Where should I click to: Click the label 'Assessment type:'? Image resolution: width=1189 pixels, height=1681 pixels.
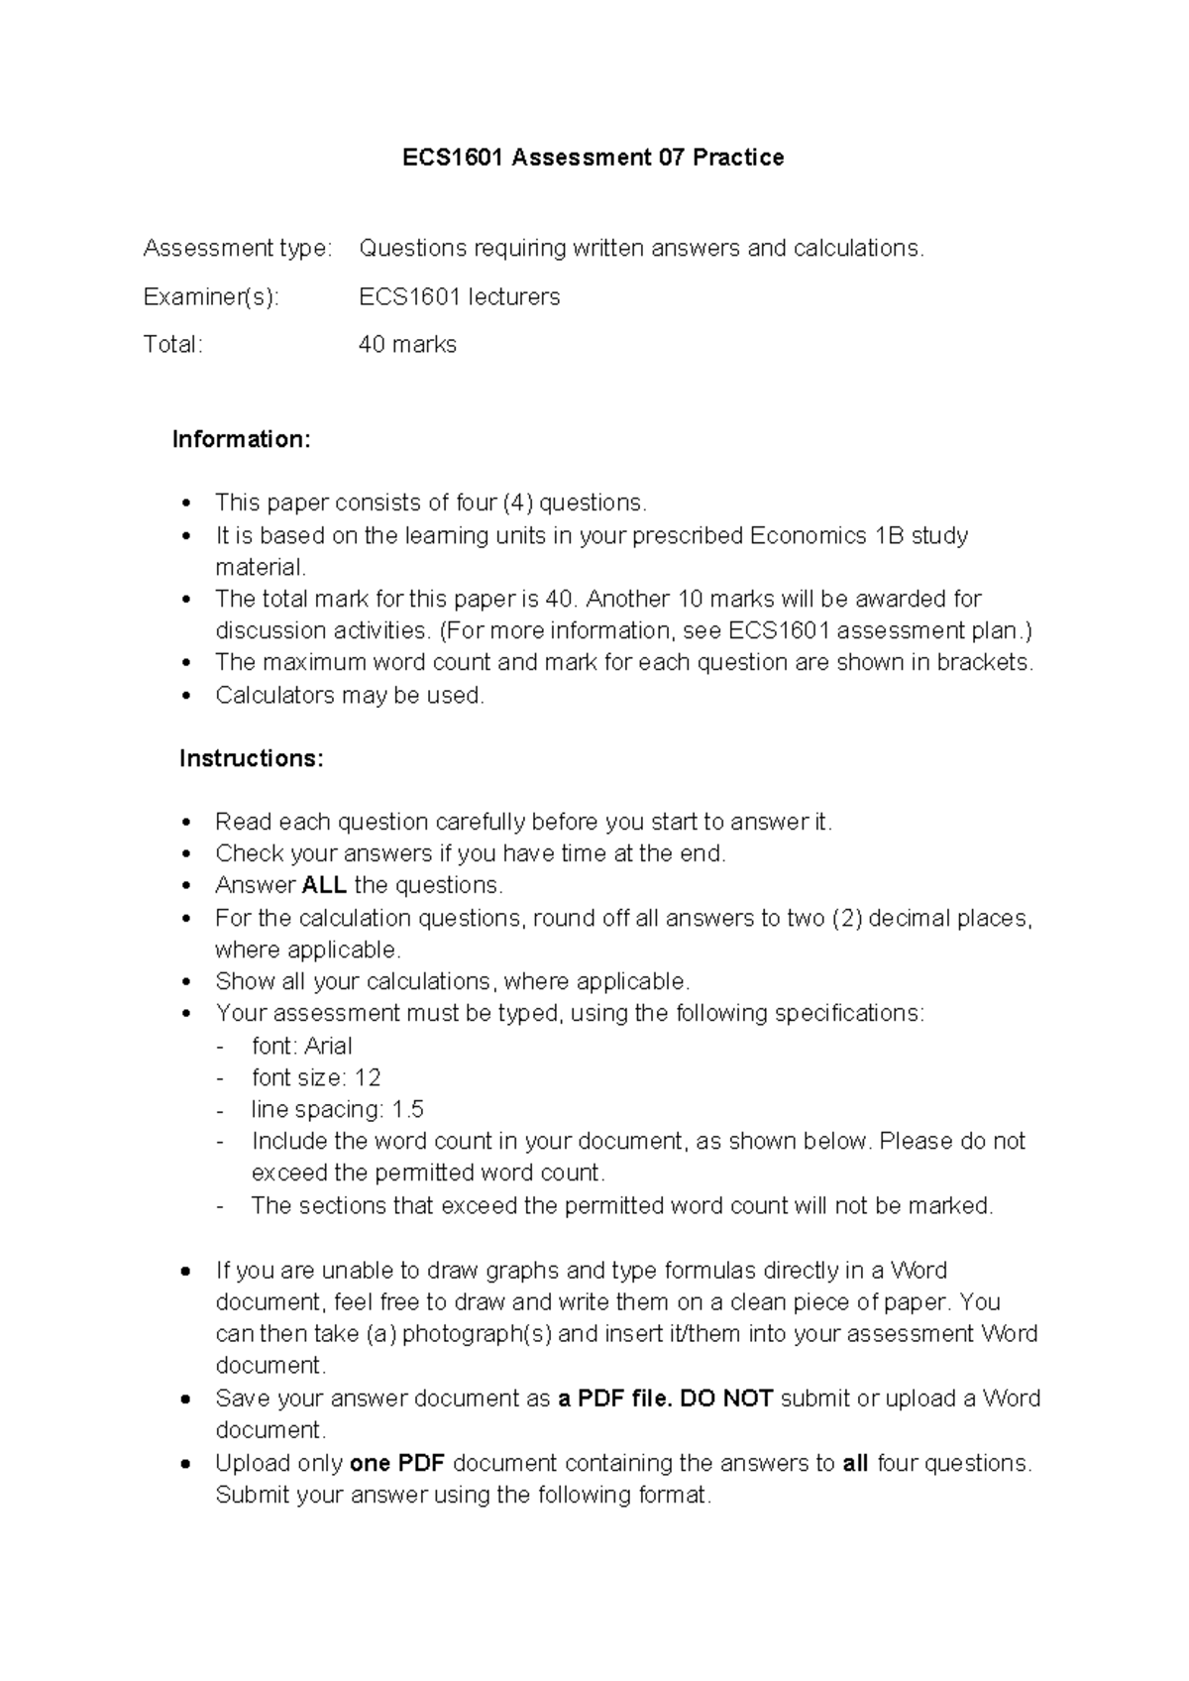pyautogui.click(x=238, y=248)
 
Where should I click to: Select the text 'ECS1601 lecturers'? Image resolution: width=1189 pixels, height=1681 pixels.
pyautogui.click(x=459, y=296)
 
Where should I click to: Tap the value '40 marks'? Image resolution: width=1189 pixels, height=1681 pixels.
pyautogui.click(x=407, y=345)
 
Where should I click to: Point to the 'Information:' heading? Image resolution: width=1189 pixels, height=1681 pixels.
pyautogui.click(x=242, y=439)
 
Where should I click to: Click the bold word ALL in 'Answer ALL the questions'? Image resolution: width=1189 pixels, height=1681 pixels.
pyautogui.click(x=324, y=885)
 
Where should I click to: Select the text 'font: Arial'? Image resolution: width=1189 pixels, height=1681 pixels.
pyautogui.click(x=302, y=1046)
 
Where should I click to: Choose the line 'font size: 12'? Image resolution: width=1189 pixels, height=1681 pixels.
pyautogui.click(x=316, y=1077)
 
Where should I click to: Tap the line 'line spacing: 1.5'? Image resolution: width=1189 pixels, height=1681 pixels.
pyautogui.click(x=337, y=1109)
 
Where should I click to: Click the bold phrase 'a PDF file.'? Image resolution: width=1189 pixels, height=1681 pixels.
pyautogui.click(x=614, y=1399)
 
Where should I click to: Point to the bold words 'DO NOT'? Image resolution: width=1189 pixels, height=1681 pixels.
pyautogui.click(x=726, y=1399)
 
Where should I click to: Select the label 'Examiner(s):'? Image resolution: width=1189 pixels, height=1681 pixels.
pyautogui.click(x=211, y=296)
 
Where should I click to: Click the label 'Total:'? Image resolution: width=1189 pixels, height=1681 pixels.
pyautogui.click(x=172, y=345)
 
